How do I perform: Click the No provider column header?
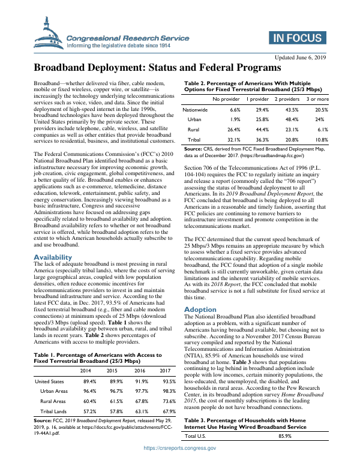pyautogui.click(x=226, y=98)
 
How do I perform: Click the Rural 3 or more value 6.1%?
pyautogui.click(x=322, y=129)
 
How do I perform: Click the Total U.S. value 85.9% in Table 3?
pyautogui.click(x=285, y=453)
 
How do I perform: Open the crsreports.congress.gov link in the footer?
pyautogui.click(x=179, y=464)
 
